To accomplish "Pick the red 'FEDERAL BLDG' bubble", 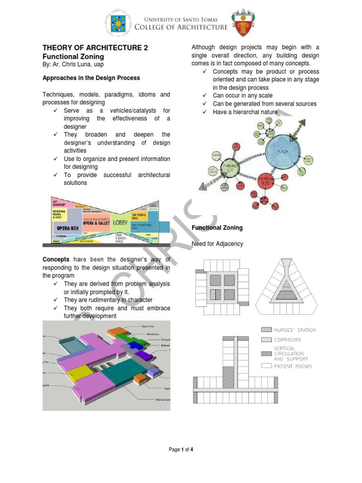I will [269, 180].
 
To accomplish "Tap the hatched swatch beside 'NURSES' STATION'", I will [266, 330].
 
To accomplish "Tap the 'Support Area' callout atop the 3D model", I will [149, 326].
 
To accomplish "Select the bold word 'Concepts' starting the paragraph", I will [56, 259].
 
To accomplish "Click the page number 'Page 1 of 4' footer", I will [181, 450].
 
